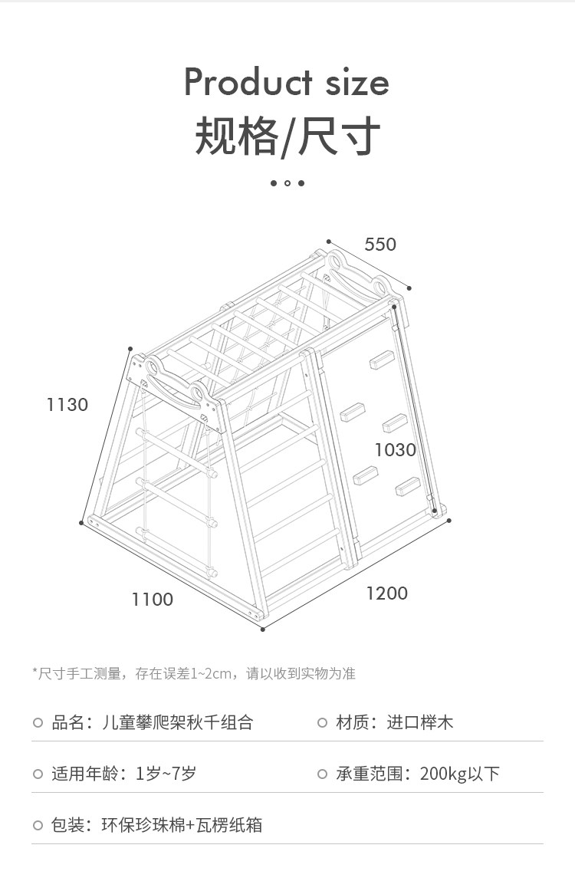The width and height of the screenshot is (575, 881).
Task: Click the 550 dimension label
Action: pyautogui.click(x=380, y=245)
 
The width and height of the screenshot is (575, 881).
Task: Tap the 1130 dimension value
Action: pyautogui.click(x=67, y=404)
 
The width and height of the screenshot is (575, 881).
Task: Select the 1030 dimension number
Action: pyautogui.click(x=396, y=449)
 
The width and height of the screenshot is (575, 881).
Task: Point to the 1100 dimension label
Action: pyautogui.click(x=152, y=599)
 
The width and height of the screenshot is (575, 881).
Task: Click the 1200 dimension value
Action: pyautogui.click(x=386, y=593)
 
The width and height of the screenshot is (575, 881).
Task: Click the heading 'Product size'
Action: pyautogui.click(x=287, y=82)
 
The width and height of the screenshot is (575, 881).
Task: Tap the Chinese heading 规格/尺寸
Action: pyautogui.click(x=287, y=136)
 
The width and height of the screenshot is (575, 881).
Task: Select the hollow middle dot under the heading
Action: pyautogui.click(x=287, y=183)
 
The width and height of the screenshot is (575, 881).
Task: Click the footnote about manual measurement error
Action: pyautogui.click(x=193, y=674)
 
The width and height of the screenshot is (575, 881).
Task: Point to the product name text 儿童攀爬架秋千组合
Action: pyautogui.click(x=177, y=722)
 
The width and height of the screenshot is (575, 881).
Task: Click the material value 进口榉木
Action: pyautogui.click(x=420, y=722)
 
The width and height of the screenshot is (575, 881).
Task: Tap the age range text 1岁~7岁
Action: pyautogui.click(x=166, y=774)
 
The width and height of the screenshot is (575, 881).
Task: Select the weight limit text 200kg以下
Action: pyautogui.click(x=459, y=774)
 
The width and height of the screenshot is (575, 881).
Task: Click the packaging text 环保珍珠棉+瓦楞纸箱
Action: pyautogui.click(x=182, y=825)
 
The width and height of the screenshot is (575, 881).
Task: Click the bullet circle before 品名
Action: pyautogui.click(x=38, y=722)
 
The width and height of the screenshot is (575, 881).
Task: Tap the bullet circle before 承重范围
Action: pyautogui.click(x=323, y=774)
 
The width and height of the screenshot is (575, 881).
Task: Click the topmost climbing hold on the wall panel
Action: pyautogui.click(x=383, y=359)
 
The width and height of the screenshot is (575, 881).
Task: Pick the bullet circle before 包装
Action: pyautogui.click(x=38, y=825)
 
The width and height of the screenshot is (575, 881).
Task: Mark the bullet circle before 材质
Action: pyautogui.click(x=323, y=722)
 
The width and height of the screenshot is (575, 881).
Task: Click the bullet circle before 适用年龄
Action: pyautogui.click(x=38, y=774)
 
